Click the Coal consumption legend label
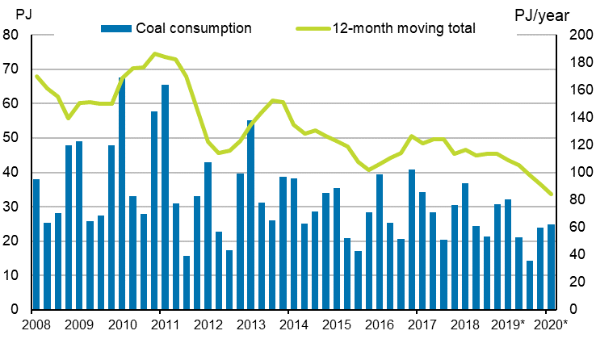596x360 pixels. coord(194,28)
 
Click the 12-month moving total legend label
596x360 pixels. coord(403,28)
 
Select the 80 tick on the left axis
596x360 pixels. coord(11,36)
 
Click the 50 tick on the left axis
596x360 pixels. coord(11,138)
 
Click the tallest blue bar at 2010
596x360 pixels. coord(122,194)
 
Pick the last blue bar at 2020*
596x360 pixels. coord(551,267)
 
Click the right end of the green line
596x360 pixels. coord(551,194)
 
